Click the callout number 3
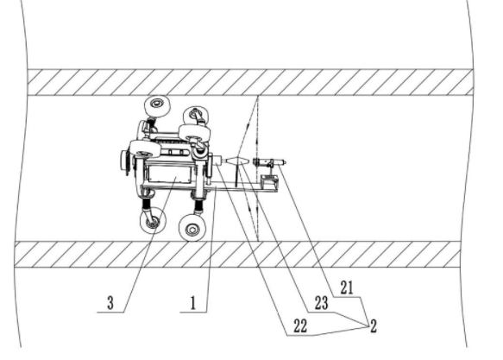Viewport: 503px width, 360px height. (x=110, y=302)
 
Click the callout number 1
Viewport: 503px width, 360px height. (x=192, y=302)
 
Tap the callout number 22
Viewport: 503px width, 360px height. (x=300, y=326)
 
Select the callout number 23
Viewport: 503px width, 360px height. (x=322, y=303)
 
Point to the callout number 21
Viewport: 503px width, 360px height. (x=347, y=287)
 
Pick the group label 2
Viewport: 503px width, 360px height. (x=374, y=326)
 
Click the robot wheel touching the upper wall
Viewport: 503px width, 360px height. (x=157, y=106)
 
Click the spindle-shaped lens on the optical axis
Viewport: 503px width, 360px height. (x=238, y=161)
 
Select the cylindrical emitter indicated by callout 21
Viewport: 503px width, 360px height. (x=269, y=162)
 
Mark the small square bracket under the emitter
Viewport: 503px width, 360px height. (x=269, y=183)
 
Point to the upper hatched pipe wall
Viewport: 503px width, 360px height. (x=250, y=83)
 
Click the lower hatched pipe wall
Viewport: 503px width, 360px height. (x=237, y=255)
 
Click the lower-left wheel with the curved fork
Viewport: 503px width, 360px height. (x=153, y=220)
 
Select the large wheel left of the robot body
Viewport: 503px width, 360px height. (x=145, y=149)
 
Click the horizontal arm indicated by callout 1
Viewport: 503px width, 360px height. (x=244, y=187)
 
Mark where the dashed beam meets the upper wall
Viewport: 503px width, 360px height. (x=257, y=96)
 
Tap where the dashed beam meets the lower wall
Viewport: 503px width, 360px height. (x=258, y=241)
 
